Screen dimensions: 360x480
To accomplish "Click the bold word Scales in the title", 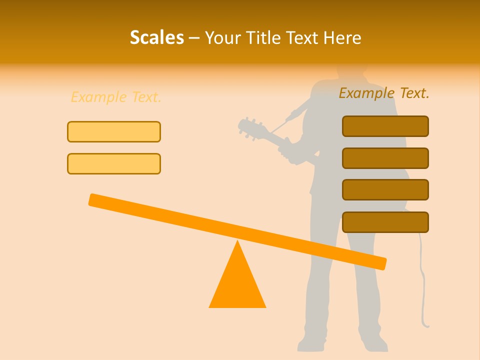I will pos(156,37).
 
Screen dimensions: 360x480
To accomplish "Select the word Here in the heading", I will pos(341,37).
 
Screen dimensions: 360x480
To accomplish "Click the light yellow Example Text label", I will pos(116,97).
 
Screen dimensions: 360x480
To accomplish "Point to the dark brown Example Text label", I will pos(384,93).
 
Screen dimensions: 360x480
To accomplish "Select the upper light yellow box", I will pos(114,131).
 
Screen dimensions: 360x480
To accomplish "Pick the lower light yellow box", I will pos(114,163).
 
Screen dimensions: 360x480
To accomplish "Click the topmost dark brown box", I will pos(385,126).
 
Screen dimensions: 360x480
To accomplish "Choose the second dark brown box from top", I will pos(385,158).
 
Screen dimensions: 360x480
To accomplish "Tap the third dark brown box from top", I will pos(385,190).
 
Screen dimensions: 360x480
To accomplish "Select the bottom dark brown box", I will pos(385,222).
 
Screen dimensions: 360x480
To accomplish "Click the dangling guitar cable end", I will pos(426,325).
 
